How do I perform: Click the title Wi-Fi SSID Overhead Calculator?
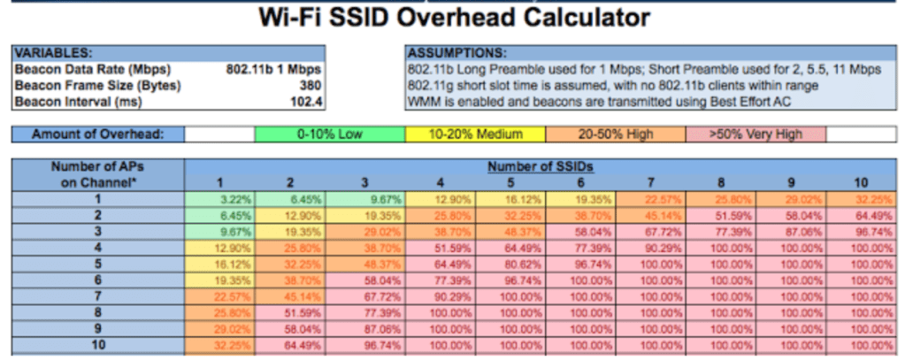(453, 18)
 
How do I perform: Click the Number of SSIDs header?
(541, 166)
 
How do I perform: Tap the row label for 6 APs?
(97, 278)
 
